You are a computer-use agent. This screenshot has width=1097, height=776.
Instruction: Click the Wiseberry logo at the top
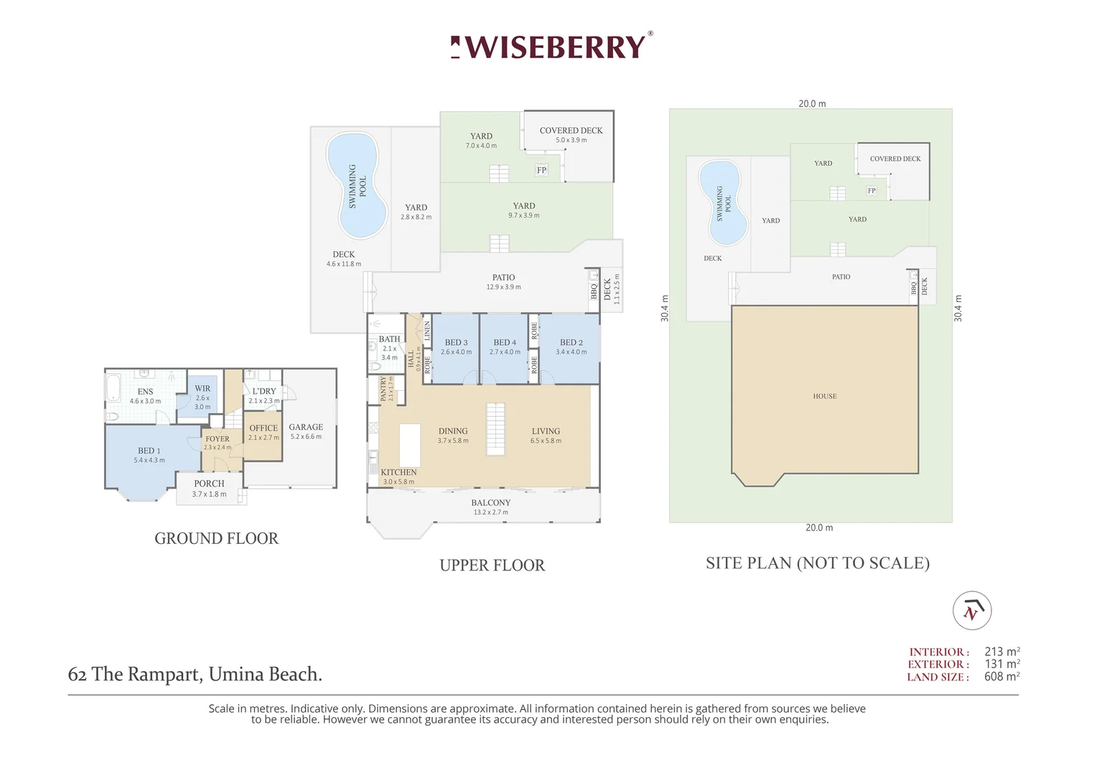[x=551, y=46]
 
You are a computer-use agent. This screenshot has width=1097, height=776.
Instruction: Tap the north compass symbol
[x=972, y=611]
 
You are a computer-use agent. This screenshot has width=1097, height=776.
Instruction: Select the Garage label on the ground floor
[x=306, y=427]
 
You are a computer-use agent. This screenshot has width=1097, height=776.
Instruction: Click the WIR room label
[x=202, y=388]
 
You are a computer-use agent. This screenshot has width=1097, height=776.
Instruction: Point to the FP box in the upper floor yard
[x=541, y=170]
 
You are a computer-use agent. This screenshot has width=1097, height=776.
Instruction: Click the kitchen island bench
[x=410, y=445]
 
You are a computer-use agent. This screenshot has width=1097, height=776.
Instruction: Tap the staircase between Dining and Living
[x=495, y=430]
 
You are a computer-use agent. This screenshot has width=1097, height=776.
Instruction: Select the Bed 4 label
[x=505, y=342]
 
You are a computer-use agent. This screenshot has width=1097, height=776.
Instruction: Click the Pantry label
[x=383, y=389]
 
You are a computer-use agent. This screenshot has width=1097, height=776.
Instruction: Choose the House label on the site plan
[x=825, y=396]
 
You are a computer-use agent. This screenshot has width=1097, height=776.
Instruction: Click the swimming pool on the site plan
[x=724, y=203]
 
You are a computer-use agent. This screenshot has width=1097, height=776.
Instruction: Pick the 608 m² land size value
[x=1002, y=677]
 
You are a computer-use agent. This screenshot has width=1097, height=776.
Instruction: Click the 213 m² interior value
[x=1002, y=652]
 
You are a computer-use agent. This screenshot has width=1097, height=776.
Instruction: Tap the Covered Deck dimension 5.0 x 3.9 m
[x=571, y=140]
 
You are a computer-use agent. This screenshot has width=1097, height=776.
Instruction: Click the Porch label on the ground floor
[x=209, y=484]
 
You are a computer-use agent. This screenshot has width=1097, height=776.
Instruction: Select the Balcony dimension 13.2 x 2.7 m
[x=491, y=512]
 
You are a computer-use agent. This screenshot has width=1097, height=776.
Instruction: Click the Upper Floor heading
[x=493, y=565]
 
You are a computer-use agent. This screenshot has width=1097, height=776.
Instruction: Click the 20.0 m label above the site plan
[x=812, y=103]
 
